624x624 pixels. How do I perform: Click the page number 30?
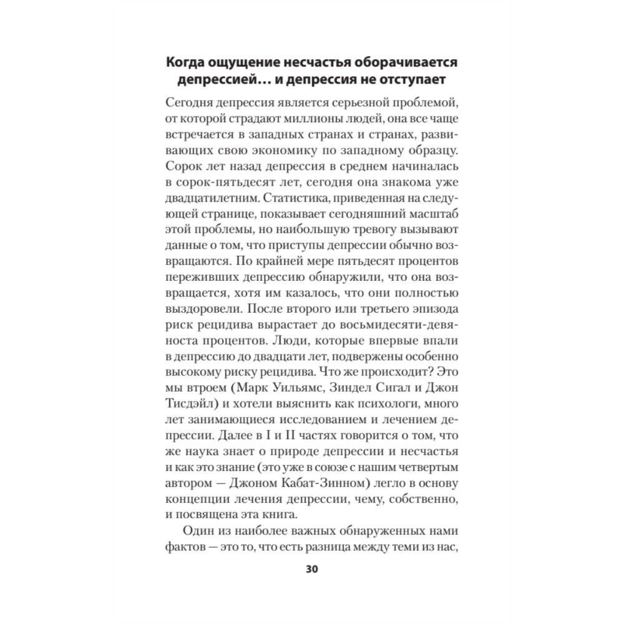(312, 569)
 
